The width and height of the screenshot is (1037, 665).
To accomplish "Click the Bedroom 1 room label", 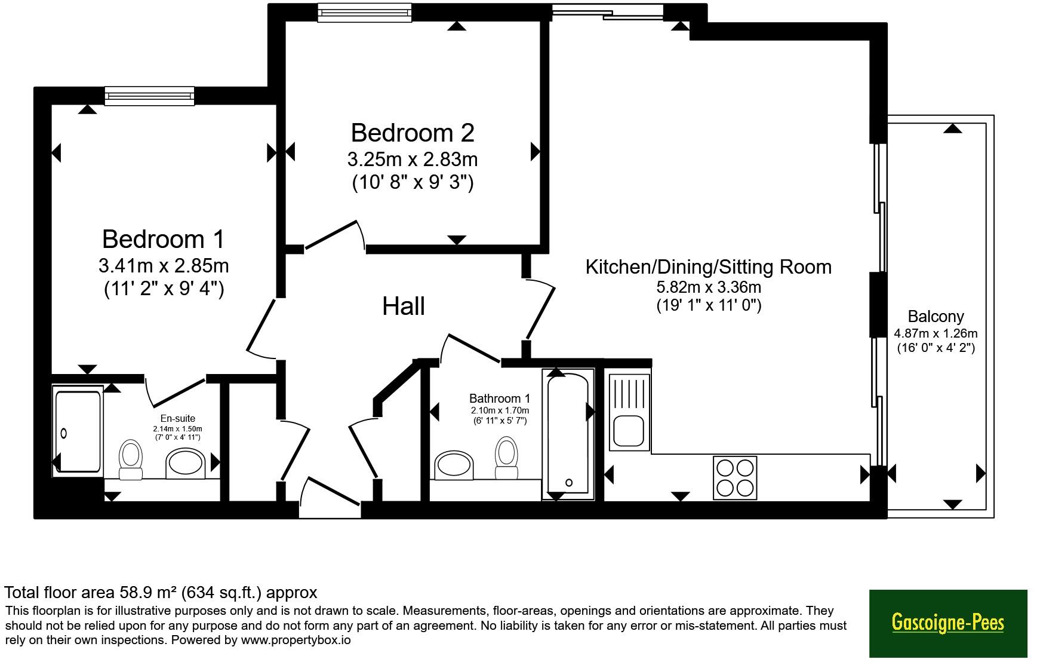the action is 163,239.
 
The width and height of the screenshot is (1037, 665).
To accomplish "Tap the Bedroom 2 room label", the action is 413,133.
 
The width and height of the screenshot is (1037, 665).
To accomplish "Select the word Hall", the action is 404,307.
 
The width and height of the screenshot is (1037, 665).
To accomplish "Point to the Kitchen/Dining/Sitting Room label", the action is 709,266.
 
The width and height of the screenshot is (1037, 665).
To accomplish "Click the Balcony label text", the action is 936,317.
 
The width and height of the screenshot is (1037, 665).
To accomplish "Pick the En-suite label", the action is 177,418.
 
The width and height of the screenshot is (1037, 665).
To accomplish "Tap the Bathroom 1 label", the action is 500,398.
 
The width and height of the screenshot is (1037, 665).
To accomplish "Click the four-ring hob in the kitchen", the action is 735,477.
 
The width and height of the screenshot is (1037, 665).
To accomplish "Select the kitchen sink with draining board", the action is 629,412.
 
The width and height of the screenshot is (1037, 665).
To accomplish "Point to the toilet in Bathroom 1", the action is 506,458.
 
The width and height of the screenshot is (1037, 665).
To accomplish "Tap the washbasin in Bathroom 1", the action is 454,465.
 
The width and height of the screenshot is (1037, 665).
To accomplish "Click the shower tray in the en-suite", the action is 78,431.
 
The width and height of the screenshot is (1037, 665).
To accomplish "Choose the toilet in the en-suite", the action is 131,460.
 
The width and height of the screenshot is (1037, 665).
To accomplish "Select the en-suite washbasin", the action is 185,464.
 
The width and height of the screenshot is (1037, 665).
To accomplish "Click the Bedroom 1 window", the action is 150,96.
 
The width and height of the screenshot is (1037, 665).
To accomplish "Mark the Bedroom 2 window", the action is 365,13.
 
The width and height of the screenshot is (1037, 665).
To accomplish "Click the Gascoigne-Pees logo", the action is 948,623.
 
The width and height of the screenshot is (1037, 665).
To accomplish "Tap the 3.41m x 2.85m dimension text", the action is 164,265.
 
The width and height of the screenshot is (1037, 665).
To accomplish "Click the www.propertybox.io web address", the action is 296,641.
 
